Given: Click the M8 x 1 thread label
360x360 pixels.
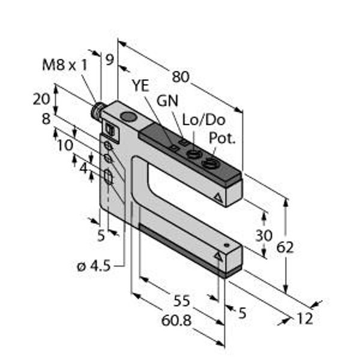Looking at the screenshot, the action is [x=65, y=65].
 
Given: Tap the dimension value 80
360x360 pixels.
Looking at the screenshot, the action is [x=181, y=77].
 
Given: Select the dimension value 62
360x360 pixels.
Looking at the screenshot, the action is [x=285, y=247].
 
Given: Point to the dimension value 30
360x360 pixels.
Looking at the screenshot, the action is [x=264, y=236].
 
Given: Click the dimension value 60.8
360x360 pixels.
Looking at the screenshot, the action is [x=176, y=320].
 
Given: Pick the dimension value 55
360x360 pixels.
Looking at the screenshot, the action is [x=182, y=301].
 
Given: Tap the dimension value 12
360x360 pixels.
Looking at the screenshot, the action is [x=304, y=319].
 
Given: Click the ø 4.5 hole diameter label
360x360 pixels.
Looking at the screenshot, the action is [x=94, y=266].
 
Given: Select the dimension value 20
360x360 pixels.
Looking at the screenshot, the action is [x=41, y=99].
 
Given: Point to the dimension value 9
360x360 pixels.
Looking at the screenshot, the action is [x=110, y=59].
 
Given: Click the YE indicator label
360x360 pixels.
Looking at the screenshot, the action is [x=140, y=86].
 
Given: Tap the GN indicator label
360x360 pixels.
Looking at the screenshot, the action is [x=167, y=101].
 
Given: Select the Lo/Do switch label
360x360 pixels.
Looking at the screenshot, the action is [x=203, y=120].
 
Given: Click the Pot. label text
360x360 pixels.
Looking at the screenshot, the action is [x=222, y=138].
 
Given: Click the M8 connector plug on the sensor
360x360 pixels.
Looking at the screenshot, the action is [x=96, y=109].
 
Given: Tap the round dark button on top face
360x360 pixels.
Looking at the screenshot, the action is [x=129, y=116].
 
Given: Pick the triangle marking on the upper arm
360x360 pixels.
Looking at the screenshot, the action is [x=218, y=197].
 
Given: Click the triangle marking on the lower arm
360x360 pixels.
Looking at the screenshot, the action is [x=218, y=256].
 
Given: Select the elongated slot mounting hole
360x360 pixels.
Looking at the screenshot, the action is [x=109, y=177].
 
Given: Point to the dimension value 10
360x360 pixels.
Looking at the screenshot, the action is [x=65, y=145].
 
